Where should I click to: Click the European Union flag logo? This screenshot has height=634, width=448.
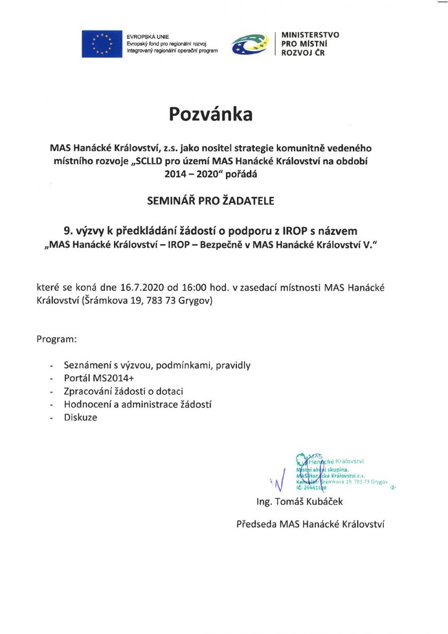point(102,44)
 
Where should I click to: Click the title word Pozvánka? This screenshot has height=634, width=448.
point(211,114)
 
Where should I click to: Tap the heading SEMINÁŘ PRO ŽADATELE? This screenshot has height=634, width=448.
point(211,201)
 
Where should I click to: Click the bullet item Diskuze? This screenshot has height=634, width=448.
point(81,418)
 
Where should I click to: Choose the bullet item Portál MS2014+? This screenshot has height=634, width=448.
point(96,378)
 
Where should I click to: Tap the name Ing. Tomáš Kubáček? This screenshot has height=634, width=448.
point(300,501)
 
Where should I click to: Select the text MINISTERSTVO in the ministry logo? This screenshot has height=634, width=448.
point(310,35)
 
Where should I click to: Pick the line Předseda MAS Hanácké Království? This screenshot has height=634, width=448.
point(310,524)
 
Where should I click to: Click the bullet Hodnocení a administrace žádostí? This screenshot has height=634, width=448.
point(138,405)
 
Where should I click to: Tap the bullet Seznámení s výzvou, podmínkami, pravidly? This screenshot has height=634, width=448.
point(157,365)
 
